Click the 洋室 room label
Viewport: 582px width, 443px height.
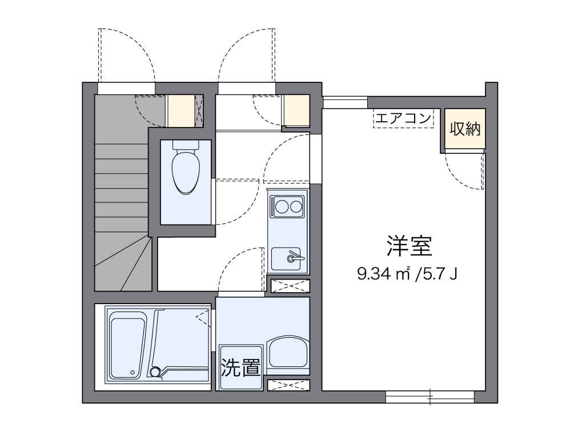[x=408, y=246]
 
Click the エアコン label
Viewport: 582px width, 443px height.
[x=403, y=119]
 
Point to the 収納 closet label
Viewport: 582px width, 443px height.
[x=465, y=129]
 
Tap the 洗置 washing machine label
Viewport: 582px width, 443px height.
[x=240, y=368]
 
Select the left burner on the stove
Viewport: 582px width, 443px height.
[x=281, y=205]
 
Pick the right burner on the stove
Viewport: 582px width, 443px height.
[x=296, y=205]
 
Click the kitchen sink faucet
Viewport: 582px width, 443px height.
[x=294, y=257]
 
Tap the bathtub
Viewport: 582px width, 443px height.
[x=127, y=346]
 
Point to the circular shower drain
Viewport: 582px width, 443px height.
[x=155, y=372]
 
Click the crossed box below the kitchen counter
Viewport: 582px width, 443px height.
[x=290, y=286]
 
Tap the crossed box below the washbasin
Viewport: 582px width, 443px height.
[x=288, y=385]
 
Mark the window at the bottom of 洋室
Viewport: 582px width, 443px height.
[x=430, y=396]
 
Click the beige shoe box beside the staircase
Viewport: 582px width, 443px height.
[x=180, y=111]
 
